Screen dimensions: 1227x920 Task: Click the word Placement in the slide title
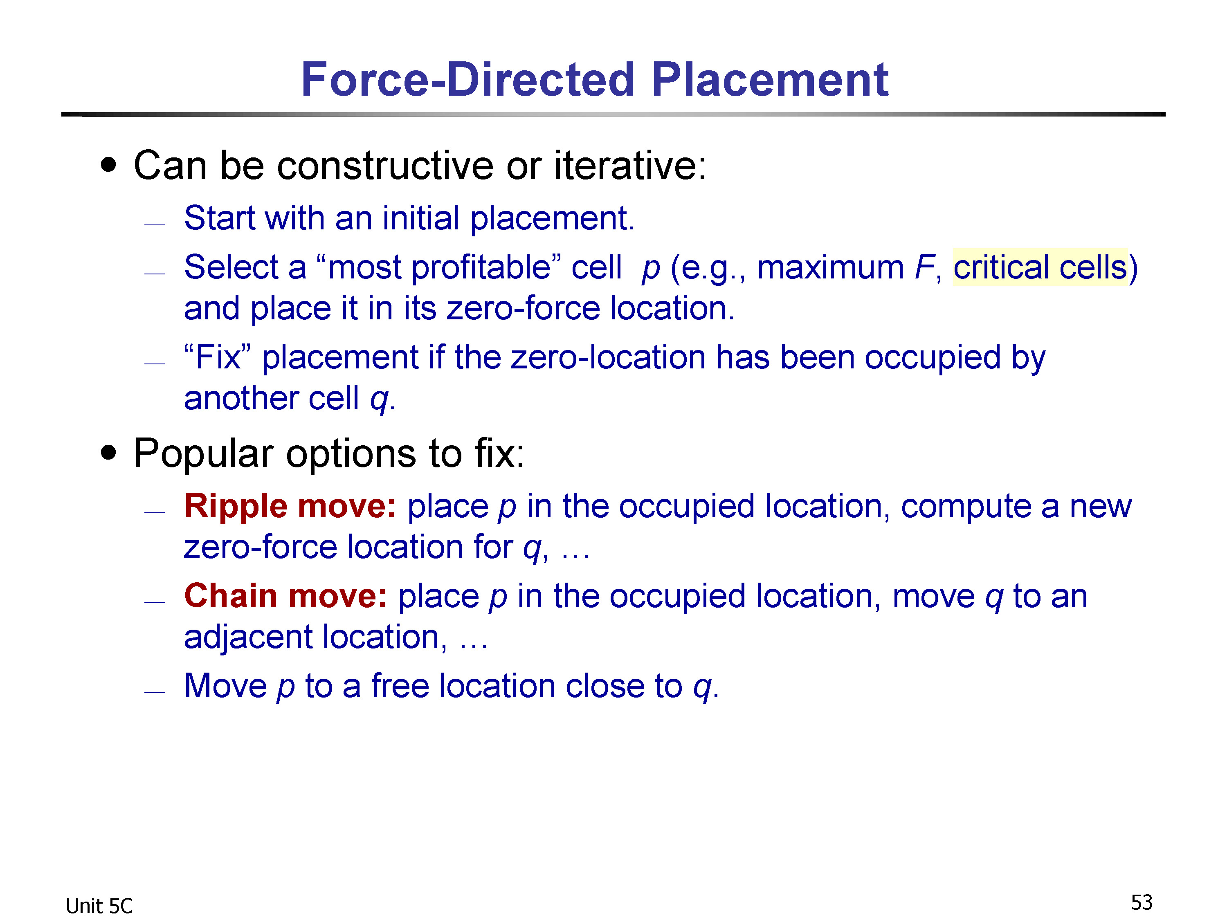click(x=770, y=79)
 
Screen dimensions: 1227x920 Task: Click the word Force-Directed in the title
click(x=467, y=79)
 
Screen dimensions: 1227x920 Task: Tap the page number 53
click(x=1142, y=902)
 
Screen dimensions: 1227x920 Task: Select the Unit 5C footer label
click(x=99, y=906)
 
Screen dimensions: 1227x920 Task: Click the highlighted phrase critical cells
click(x=1040, y=267)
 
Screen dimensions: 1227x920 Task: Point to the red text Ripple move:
click(x=290, y=506)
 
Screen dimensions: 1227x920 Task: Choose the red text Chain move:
click(x=285, y=596)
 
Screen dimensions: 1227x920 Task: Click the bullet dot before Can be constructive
click(x=109, y=165)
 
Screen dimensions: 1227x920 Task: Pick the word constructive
click(x=385, y=165)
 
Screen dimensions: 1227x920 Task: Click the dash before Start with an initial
click(x=154, y=224)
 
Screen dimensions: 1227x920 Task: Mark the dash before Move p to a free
click(x=154, y=692)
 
